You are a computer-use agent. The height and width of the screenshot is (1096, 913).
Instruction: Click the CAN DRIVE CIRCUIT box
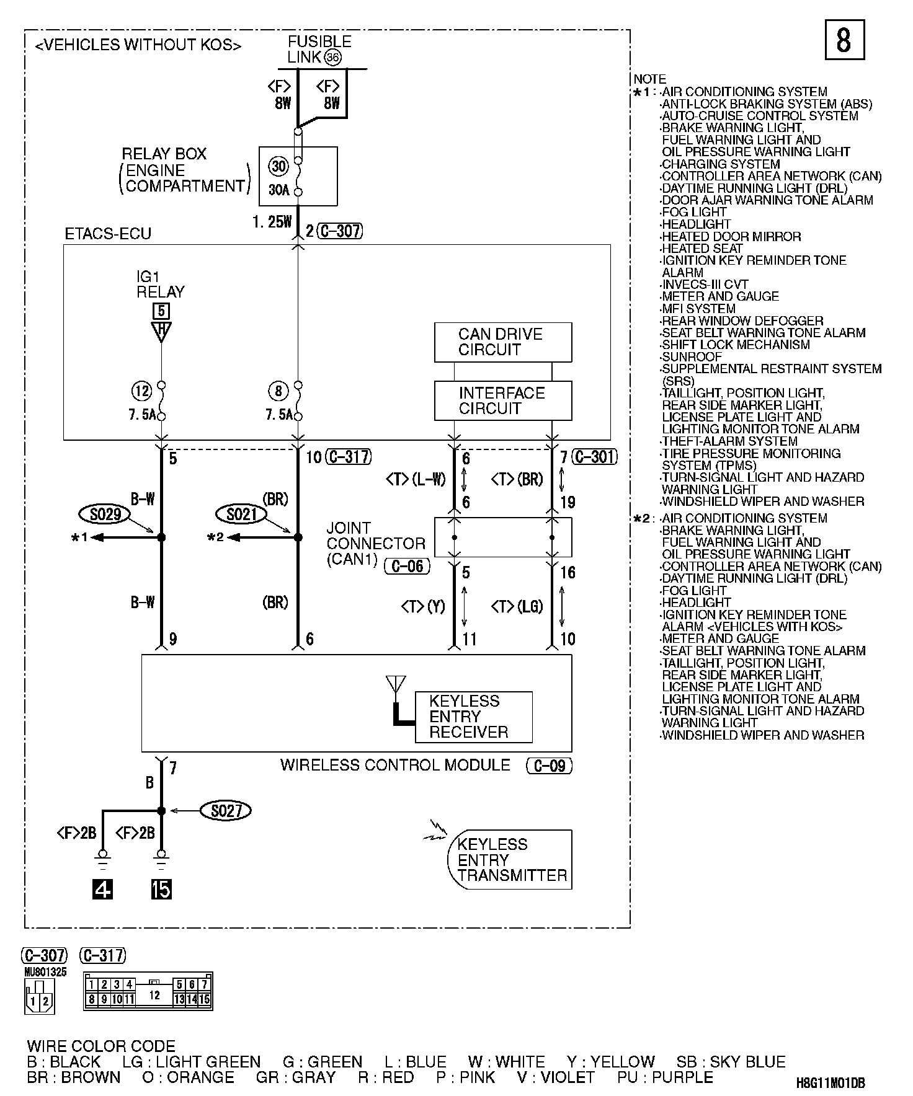click(x=502, y=342)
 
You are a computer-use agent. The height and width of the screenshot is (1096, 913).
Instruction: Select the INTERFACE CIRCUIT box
click(x=502, y=400)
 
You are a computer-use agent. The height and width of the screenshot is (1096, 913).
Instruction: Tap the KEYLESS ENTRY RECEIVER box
click(x=473, y=717)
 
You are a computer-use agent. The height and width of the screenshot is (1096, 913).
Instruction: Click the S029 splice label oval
click(x=105, y=514)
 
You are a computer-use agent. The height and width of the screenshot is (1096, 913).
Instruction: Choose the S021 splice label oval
click(x=241, y=514)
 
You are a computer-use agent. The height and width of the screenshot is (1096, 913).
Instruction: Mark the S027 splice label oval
click(x=226, y=810)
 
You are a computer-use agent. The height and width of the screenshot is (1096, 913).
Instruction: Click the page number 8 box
click(x=844, y=40)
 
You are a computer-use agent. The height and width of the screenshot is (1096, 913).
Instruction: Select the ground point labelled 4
click(x=102, y=889)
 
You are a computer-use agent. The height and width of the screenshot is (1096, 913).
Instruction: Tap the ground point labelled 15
click(x=161, y=889)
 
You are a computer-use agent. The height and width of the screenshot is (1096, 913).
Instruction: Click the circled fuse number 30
click(x=279, y=166)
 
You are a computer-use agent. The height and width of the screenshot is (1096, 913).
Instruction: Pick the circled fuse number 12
click(x=142, y=391)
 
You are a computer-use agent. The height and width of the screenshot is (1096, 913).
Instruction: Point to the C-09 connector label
click(x=549, y=766)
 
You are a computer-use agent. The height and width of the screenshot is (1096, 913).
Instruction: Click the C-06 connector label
click(x=407, y=566)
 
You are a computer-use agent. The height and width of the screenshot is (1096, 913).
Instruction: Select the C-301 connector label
click(x=595, y=457)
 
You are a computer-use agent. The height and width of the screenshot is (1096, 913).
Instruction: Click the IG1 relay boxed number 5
click(x=161, y=311)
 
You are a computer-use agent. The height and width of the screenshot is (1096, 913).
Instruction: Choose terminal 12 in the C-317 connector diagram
click(x=154, y=995)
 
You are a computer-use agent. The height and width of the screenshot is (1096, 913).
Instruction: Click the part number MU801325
click(x=46, y=973)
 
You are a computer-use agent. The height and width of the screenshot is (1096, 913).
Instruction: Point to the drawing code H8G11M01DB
click(x=831, y=1083)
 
